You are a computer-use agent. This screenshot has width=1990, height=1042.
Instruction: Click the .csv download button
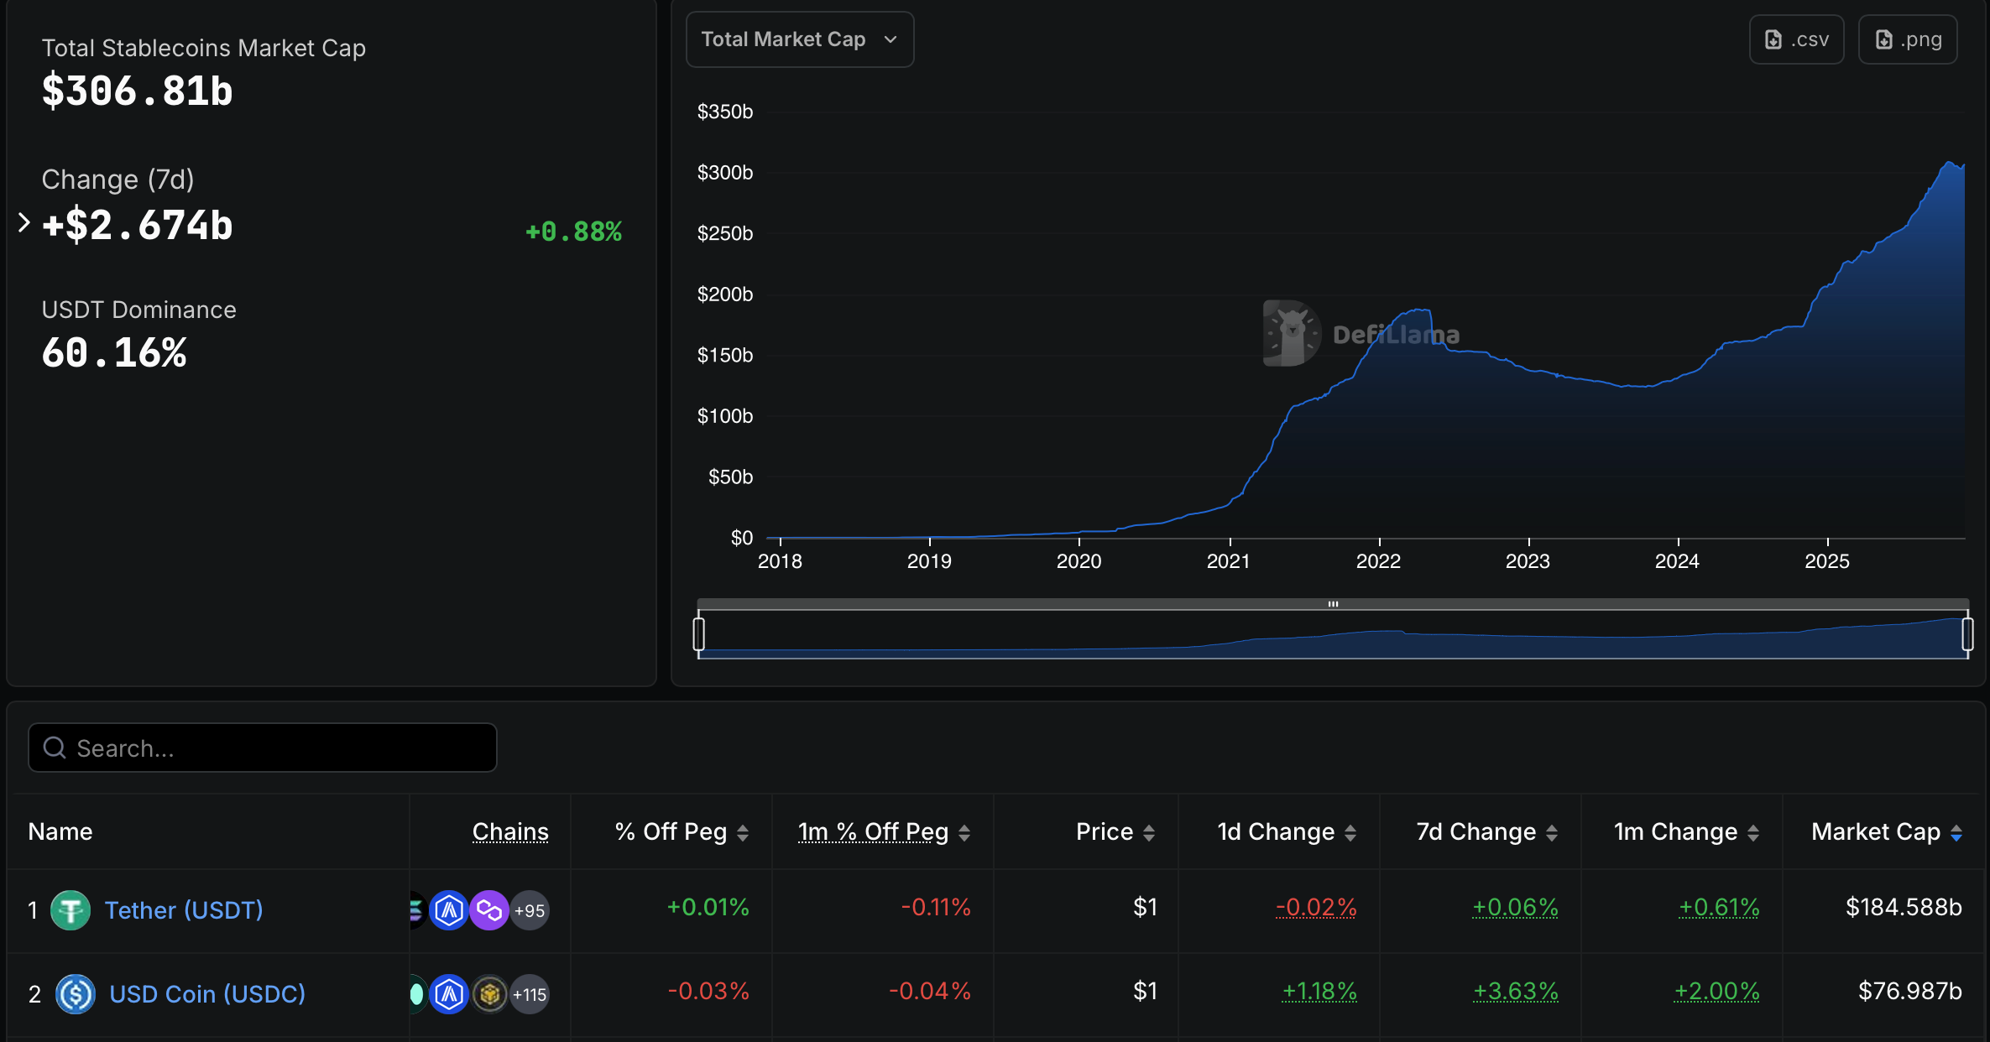(x=1796, y=39)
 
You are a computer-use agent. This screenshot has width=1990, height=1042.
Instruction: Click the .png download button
(x=1908, y=39)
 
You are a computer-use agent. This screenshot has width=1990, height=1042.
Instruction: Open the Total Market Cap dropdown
(x=799, y=39)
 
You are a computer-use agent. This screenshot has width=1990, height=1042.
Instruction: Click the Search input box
(x=263, y=748)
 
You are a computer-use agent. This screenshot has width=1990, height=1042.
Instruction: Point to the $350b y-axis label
(x=725, y=112)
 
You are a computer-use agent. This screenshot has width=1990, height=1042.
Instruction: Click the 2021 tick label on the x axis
(x=1228, y=561)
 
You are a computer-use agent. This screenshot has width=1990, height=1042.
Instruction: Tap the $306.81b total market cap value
(x=138, y=91)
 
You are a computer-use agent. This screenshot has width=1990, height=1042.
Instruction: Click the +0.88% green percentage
(x=573, y=232)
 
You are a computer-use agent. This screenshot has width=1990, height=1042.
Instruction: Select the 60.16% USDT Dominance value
(x=114, y=352)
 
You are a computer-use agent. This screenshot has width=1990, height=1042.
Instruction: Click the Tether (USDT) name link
(x=184, y=910)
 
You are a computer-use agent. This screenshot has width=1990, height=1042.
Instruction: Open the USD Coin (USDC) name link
(x=207, y=994)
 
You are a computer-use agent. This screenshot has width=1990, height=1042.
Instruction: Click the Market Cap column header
(x=1876, y=831)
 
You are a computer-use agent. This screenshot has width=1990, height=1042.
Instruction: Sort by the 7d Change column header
(x=1476, y=831)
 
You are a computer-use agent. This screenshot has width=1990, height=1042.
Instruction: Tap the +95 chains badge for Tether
(x=530, y=910)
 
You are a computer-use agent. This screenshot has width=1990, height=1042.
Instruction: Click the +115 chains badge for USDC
(x=530, y=994)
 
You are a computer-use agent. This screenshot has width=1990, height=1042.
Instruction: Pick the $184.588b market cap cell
(x=1904, y=907)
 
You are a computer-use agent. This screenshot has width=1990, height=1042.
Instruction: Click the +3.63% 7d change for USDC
(x=1516, y=991)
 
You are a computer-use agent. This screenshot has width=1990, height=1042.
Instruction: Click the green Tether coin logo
(x=71, y=910)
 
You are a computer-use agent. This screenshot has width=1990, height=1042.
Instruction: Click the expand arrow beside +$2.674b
(x=24, y=223)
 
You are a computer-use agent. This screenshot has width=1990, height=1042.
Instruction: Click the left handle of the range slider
(x=698, y=633)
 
